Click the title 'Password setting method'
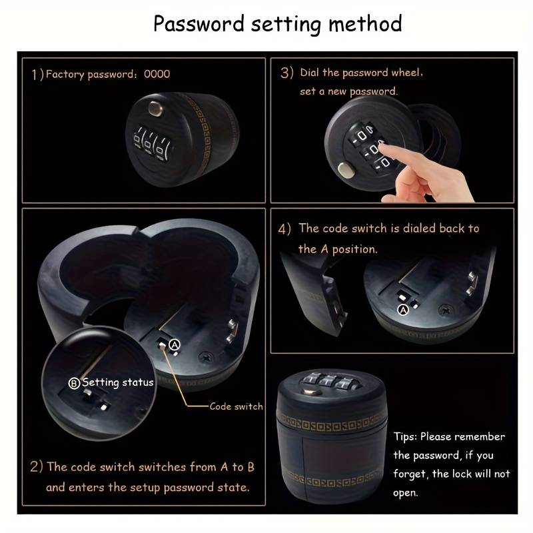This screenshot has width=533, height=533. coord(277,24)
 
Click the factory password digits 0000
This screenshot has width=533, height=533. coord(157,74)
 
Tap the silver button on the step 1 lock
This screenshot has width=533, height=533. coord(155,109)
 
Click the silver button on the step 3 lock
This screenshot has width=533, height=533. coord(346,171)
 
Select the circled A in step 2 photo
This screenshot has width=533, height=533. coord(175,345)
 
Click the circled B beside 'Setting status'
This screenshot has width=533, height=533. coord(74,383)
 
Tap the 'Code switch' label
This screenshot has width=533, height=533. coord(237,406)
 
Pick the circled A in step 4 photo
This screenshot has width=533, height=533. coord(403,310)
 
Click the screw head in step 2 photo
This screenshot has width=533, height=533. coord(207,357)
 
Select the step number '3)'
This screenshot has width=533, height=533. coord(286,73)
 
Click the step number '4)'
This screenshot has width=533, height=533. coord(284,229)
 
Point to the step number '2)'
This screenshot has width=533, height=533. coord(37,466)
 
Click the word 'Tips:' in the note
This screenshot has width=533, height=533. coord(405,436)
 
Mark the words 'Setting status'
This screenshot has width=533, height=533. coord(118,382)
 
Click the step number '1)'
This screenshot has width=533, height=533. coord(38,75)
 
